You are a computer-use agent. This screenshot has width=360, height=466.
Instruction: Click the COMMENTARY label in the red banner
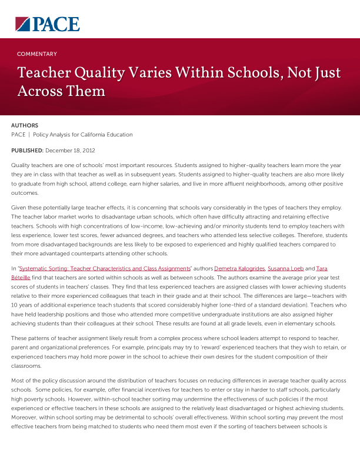(37, 54)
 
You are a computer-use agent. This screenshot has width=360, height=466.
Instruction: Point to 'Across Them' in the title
(61, 92)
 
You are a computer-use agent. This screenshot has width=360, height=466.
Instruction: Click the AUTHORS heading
(25, 125)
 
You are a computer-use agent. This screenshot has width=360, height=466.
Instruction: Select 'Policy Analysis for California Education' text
(83, 135)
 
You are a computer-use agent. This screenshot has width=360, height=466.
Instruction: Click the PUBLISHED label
(27, 151)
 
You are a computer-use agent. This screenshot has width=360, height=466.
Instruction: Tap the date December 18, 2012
(71, 151)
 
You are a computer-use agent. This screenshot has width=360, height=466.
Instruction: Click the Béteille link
(24, 278)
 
